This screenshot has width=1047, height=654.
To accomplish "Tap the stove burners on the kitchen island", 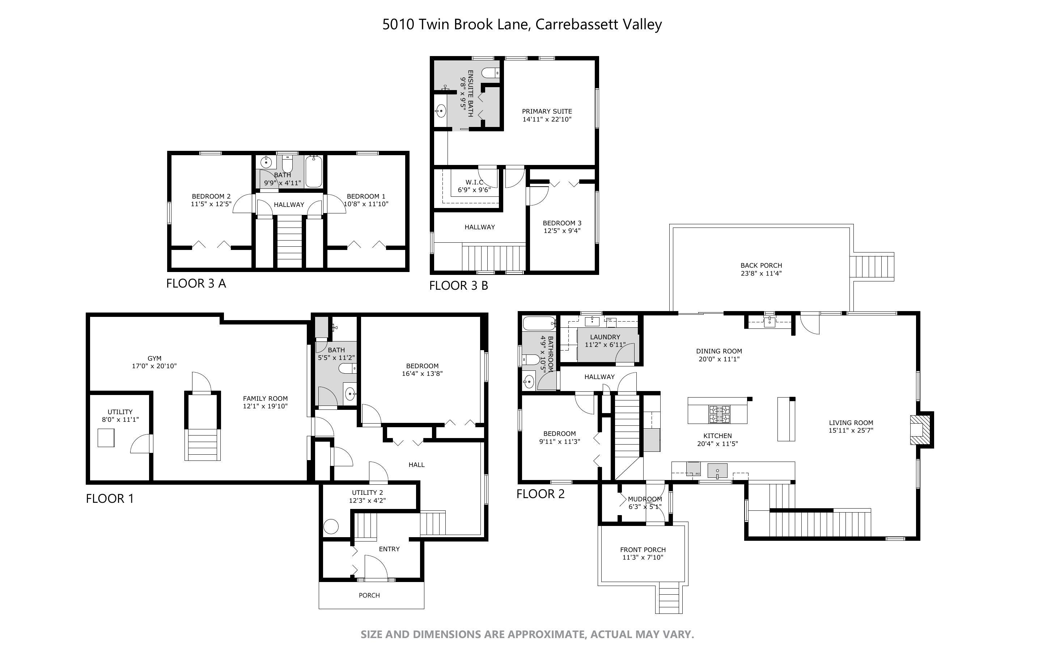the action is click(x=719, y=414).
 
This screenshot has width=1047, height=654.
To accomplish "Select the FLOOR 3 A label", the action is click(x=196, y=283).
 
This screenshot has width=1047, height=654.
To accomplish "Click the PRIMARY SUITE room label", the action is click(x=547, y=111).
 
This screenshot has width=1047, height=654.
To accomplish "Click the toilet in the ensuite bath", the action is click(x=491, y=73).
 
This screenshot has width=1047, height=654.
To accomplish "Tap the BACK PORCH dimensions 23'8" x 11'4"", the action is click(x=761, y=273).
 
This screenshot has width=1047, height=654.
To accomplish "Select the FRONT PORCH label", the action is click(x=643, y=550).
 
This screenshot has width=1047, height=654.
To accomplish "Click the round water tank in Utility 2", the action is click(x=331, y=527).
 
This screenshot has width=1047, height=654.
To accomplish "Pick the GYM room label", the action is click(x=154, y=358).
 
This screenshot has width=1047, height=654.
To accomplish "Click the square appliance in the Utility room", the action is click(x=106, y=438).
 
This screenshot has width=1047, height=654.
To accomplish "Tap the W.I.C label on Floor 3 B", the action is click(x=474, y=182).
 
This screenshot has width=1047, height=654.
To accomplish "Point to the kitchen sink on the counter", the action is click(x=717, y=470).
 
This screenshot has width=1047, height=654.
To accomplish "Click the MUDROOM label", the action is click(x=645, y=499).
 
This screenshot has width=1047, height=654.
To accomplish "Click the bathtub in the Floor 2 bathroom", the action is click(x=539, y=323).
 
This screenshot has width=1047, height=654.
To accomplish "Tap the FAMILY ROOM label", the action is click(x=265, y=398).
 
